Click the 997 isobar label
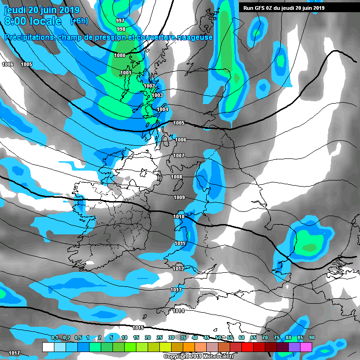click(120, 21)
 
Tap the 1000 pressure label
click(120, 55)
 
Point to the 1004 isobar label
click(162, 109)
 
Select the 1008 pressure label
click(176, 177)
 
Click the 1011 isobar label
click(180, 243)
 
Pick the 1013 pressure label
click(176, 290)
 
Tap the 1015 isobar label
click(138, 328)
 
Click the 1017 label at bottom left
click(14, 352)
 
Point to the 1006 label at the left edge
click(7, 64)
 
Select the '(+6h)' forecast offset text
click(81, 22)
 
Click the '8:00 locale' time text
click(33, 22)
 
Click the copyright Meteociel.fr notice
click(198, 356)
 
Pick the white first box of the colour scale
click(48, 347)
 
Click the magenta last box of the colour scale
click(306, 347)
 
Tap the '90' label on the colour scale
click(312, 337)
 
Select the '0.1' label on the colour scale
click(54, 337)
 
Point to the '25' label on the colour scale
click(159, 337)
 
